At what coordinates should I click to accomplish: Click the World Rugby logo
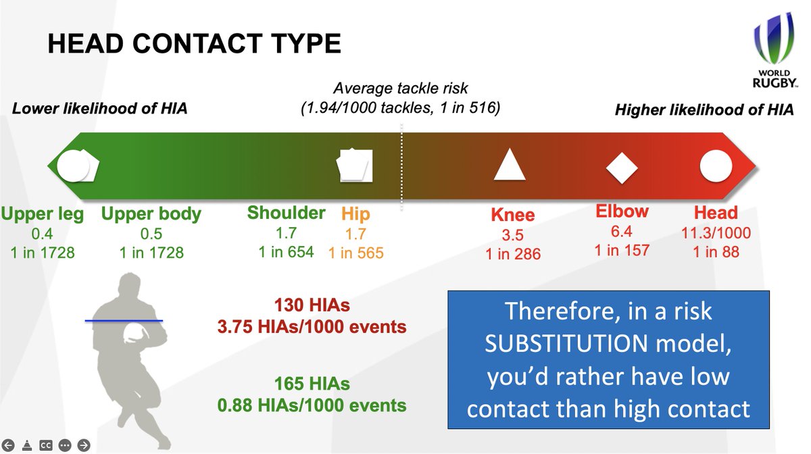coord(775,51)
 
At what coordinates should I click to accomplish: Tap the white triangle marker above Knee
coord(510,165)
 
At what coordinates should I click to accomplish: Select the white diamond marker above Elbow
coord(622,168)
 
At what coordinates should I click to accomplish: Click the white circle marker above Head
coord(716,166)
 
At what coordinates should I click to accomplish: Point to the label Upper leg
coord(43,213)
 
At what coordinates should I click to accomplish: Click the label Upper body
coord(151,213)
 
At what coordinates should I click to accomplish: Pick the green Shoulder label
coord(286,213)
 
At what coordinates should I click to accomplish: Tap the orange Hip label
coord(355,214)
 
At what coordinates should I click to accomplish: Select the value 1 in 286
coord(513,254)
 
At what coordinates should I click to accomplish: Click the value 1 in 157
coord(622,250)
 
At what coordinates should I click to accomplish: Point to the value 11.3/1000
coord(716,233)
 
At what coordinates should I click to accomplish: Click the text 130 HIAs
coord(312,305)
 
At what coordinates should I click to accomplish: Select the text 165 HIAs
coord(312,384)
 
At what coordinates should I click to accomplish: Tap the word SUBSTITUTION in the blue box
coord(566,343)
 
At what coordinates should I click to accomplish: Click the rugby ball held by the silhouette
coord(134,333)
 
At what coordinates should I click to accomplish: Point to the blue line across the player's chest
coord(124,321)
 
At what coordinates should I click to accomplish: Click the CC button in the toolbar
coord(46,445)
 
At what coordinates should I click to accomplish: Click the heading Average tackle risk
coord(400,88)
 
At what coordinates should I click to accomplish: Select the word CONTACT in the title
coord(197,43)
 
